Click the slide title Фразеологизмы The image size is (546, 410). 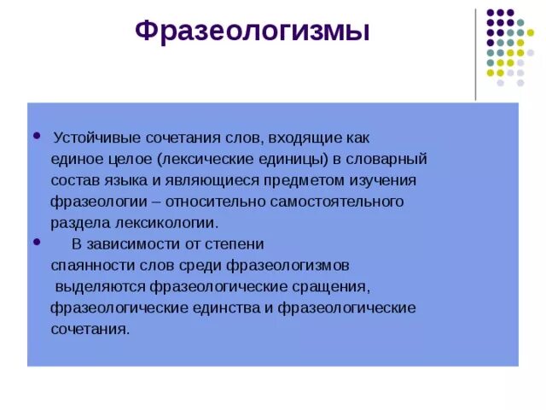253,32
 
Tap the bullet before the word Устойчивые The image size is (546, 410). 35,136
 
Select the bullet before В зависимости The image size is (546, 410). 35,243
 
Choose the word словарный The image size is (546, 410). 390,159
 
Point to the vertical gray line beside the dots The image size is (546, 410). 475,53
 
